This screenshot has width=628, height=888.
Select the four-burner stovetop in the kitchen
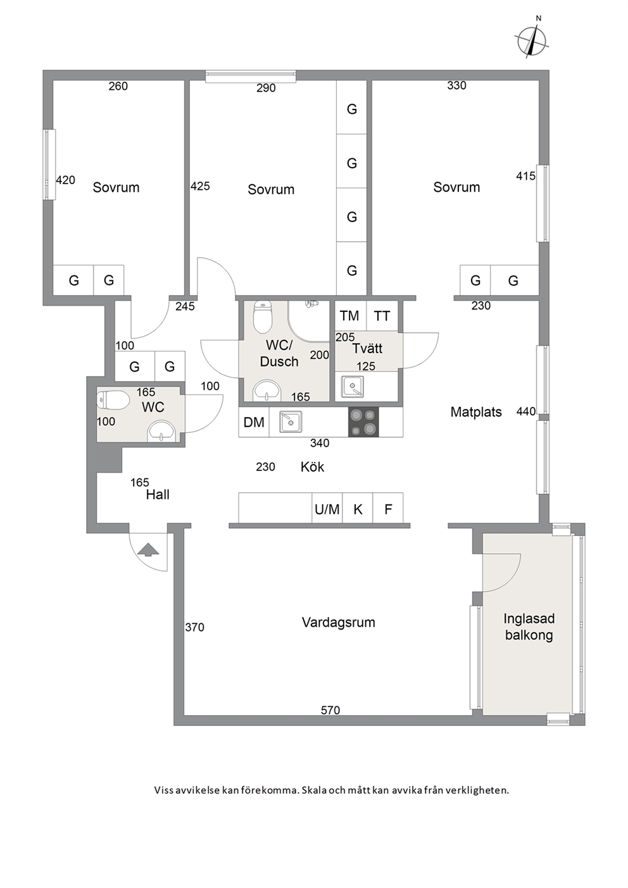[x=363, y=422]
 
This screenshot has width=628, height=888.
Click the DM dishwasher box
[x=254, y=422]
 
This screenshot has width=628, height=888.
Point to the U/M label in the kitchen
[x=327, y=510]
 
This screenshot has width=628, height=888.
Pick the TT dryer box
[x=382, y=316]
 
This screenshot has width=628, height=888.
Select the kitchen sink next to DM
[x=291, y=422]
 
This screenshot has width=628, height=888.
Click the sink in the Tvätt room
[x=352, y=386]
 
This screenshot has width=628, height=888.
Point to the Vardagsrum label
[x=339, y=622]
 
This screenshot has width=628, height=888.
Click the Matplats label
[x=476, y=412]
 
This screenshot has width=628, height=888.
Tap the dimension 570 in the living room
[x=330, y=710]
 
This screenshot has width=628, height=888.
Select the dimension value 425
[x=200, y=186]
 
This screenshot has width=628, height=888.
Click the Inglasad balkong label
[x=529, y=627]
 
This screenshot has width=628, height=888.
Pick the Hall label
[x=158, y=494]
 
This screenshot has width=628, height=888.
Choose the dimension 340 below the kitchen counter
[x=320, y=443]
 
